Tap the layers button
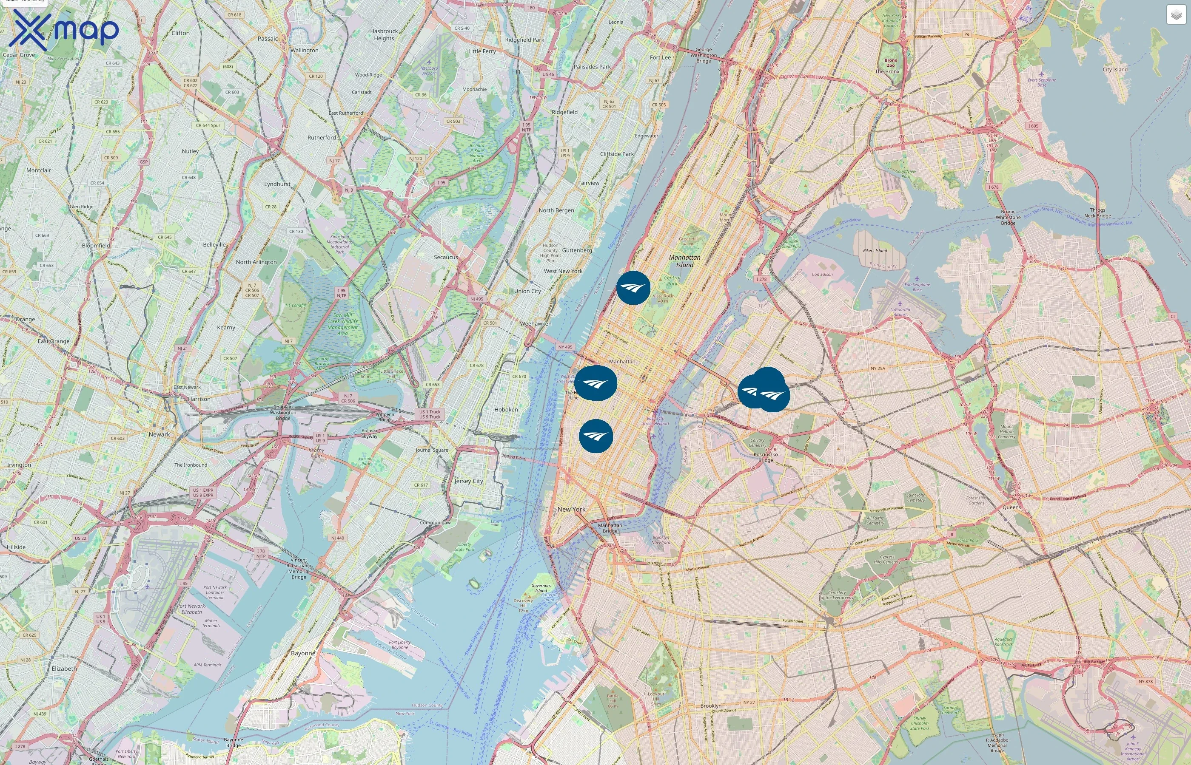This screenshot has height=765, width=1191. pos(1176,15)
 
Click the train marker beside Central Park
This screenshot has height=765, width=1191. pos(633,288)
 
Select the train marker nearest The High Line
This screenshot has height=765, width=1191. pos(595,383)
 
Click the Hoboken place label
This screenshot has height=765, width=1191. pos(506,410)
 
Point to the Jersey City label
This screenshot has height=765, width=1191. pos(468,481)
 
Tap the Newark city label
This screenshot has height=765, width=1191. pos(159,434)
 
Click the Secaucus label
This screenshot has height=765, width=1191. pos(445,257)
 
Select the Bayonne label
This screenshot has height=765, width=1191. pos(303,653)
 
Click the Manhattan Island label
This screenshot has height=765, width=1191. pos(684,261)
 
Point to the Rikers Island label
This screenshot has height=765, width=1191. pos(875,250)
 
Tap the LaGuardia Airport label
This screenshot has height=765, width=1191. pos(900,312)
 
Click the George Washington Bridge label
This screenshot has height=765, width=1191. pos(704,55)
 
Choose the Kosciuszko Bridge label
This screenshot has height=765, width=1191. pos(766,457)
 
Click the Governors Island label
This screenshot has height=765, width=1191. pos(541,588)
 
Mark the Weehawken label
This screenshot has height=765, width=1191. pos(536,323)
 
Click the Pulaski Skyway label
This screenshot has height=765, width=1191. pos(369,433)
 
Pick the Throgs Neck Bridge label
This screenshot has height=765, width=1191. pos(1097,212)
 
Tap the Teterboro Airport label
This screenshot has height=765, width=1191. pos(429,70)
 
